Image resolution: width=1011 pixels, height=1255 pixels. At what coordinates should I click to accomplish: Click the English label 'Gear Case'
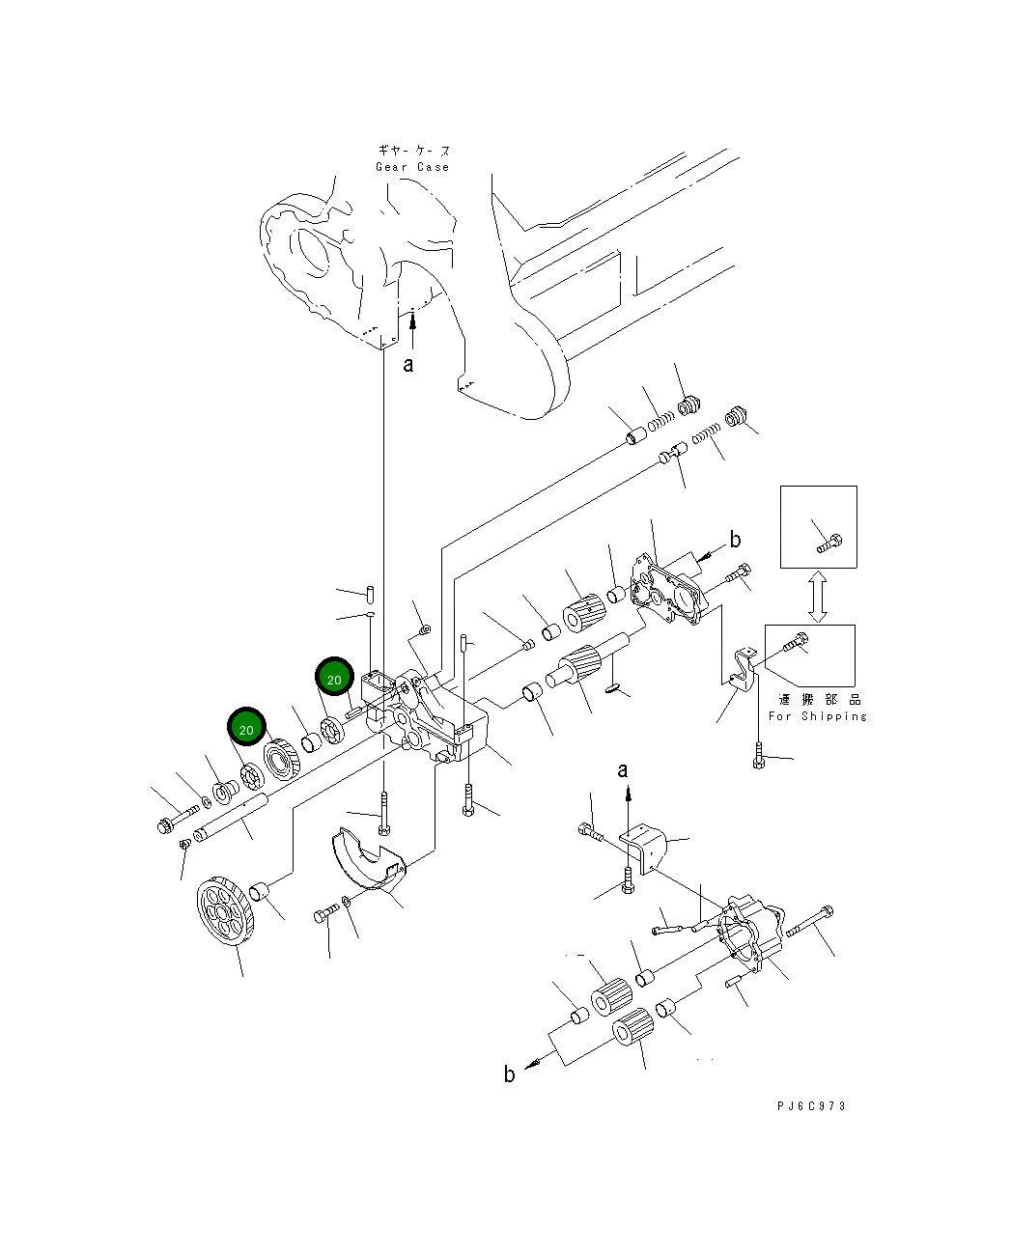[412, 167]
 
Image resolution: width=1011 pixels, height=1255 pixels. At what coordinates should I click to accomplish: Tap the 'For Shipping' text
[817, 716]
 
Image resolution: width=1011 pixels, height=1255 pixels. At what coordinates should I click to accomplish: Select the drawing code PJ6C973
[811, 1106]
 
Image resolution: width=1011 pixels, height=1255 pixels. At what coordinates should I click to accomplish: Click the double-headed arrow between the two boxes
[817, 596]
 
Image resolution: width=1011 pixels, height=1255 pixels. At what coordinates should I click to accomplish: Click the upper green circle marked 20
[334, 680]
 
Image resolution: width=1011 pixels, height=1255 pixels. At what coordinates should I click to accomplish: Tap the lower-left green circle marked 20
[246, 729]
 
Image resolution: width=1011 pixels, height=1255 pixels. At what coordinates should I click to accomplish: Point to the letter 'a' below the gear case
[408, 364]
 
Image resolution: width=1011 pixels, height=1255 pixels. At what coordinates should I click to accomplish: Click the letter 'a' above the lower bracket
[623, 769]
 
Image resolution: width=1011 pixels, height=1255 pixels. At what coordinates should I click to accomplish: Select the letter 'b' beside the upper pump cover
[735, 540]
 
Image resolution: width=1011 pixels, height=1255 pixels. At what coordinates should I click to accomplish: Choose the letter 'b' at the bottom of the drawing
[509, 1074]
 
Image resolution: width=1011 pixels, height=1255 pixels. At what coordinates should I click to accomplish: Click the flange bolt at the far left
[167, 824]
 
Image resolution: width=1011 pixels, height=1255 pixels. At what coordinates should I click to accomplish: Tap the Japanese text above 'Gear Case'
[413, 151]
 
